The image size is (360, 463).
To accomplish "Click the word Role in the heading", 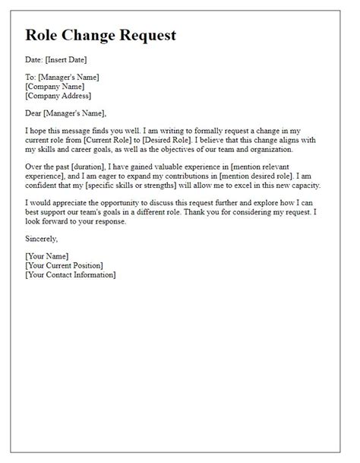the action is (x=45, y=36).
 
